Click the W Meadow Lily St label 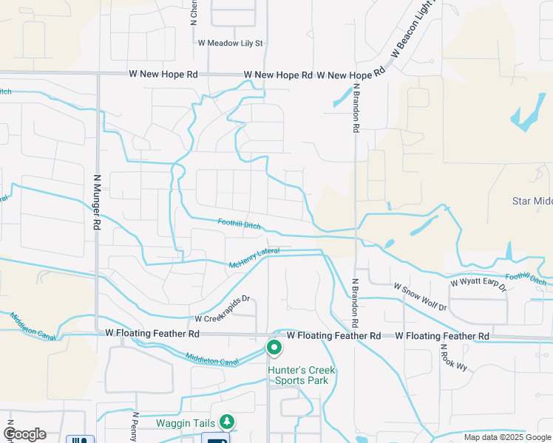tap(231, 44)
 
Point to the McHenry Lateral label tap(254, 258)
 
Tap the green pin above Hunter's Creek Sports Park tap(274, 346)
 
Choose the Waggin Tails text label tap(185, 423)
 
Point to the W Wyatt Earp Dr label tap(478, 283)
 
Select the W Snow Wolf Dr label tap(420, 296)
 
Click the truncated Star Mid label tap(532, 201)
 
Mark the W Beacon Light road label tap(415, 31)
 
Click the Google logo tap(24, 434)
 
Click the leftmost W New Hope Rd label tap(163, 75)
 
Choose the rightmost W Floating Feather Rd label tap(442, 336)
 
